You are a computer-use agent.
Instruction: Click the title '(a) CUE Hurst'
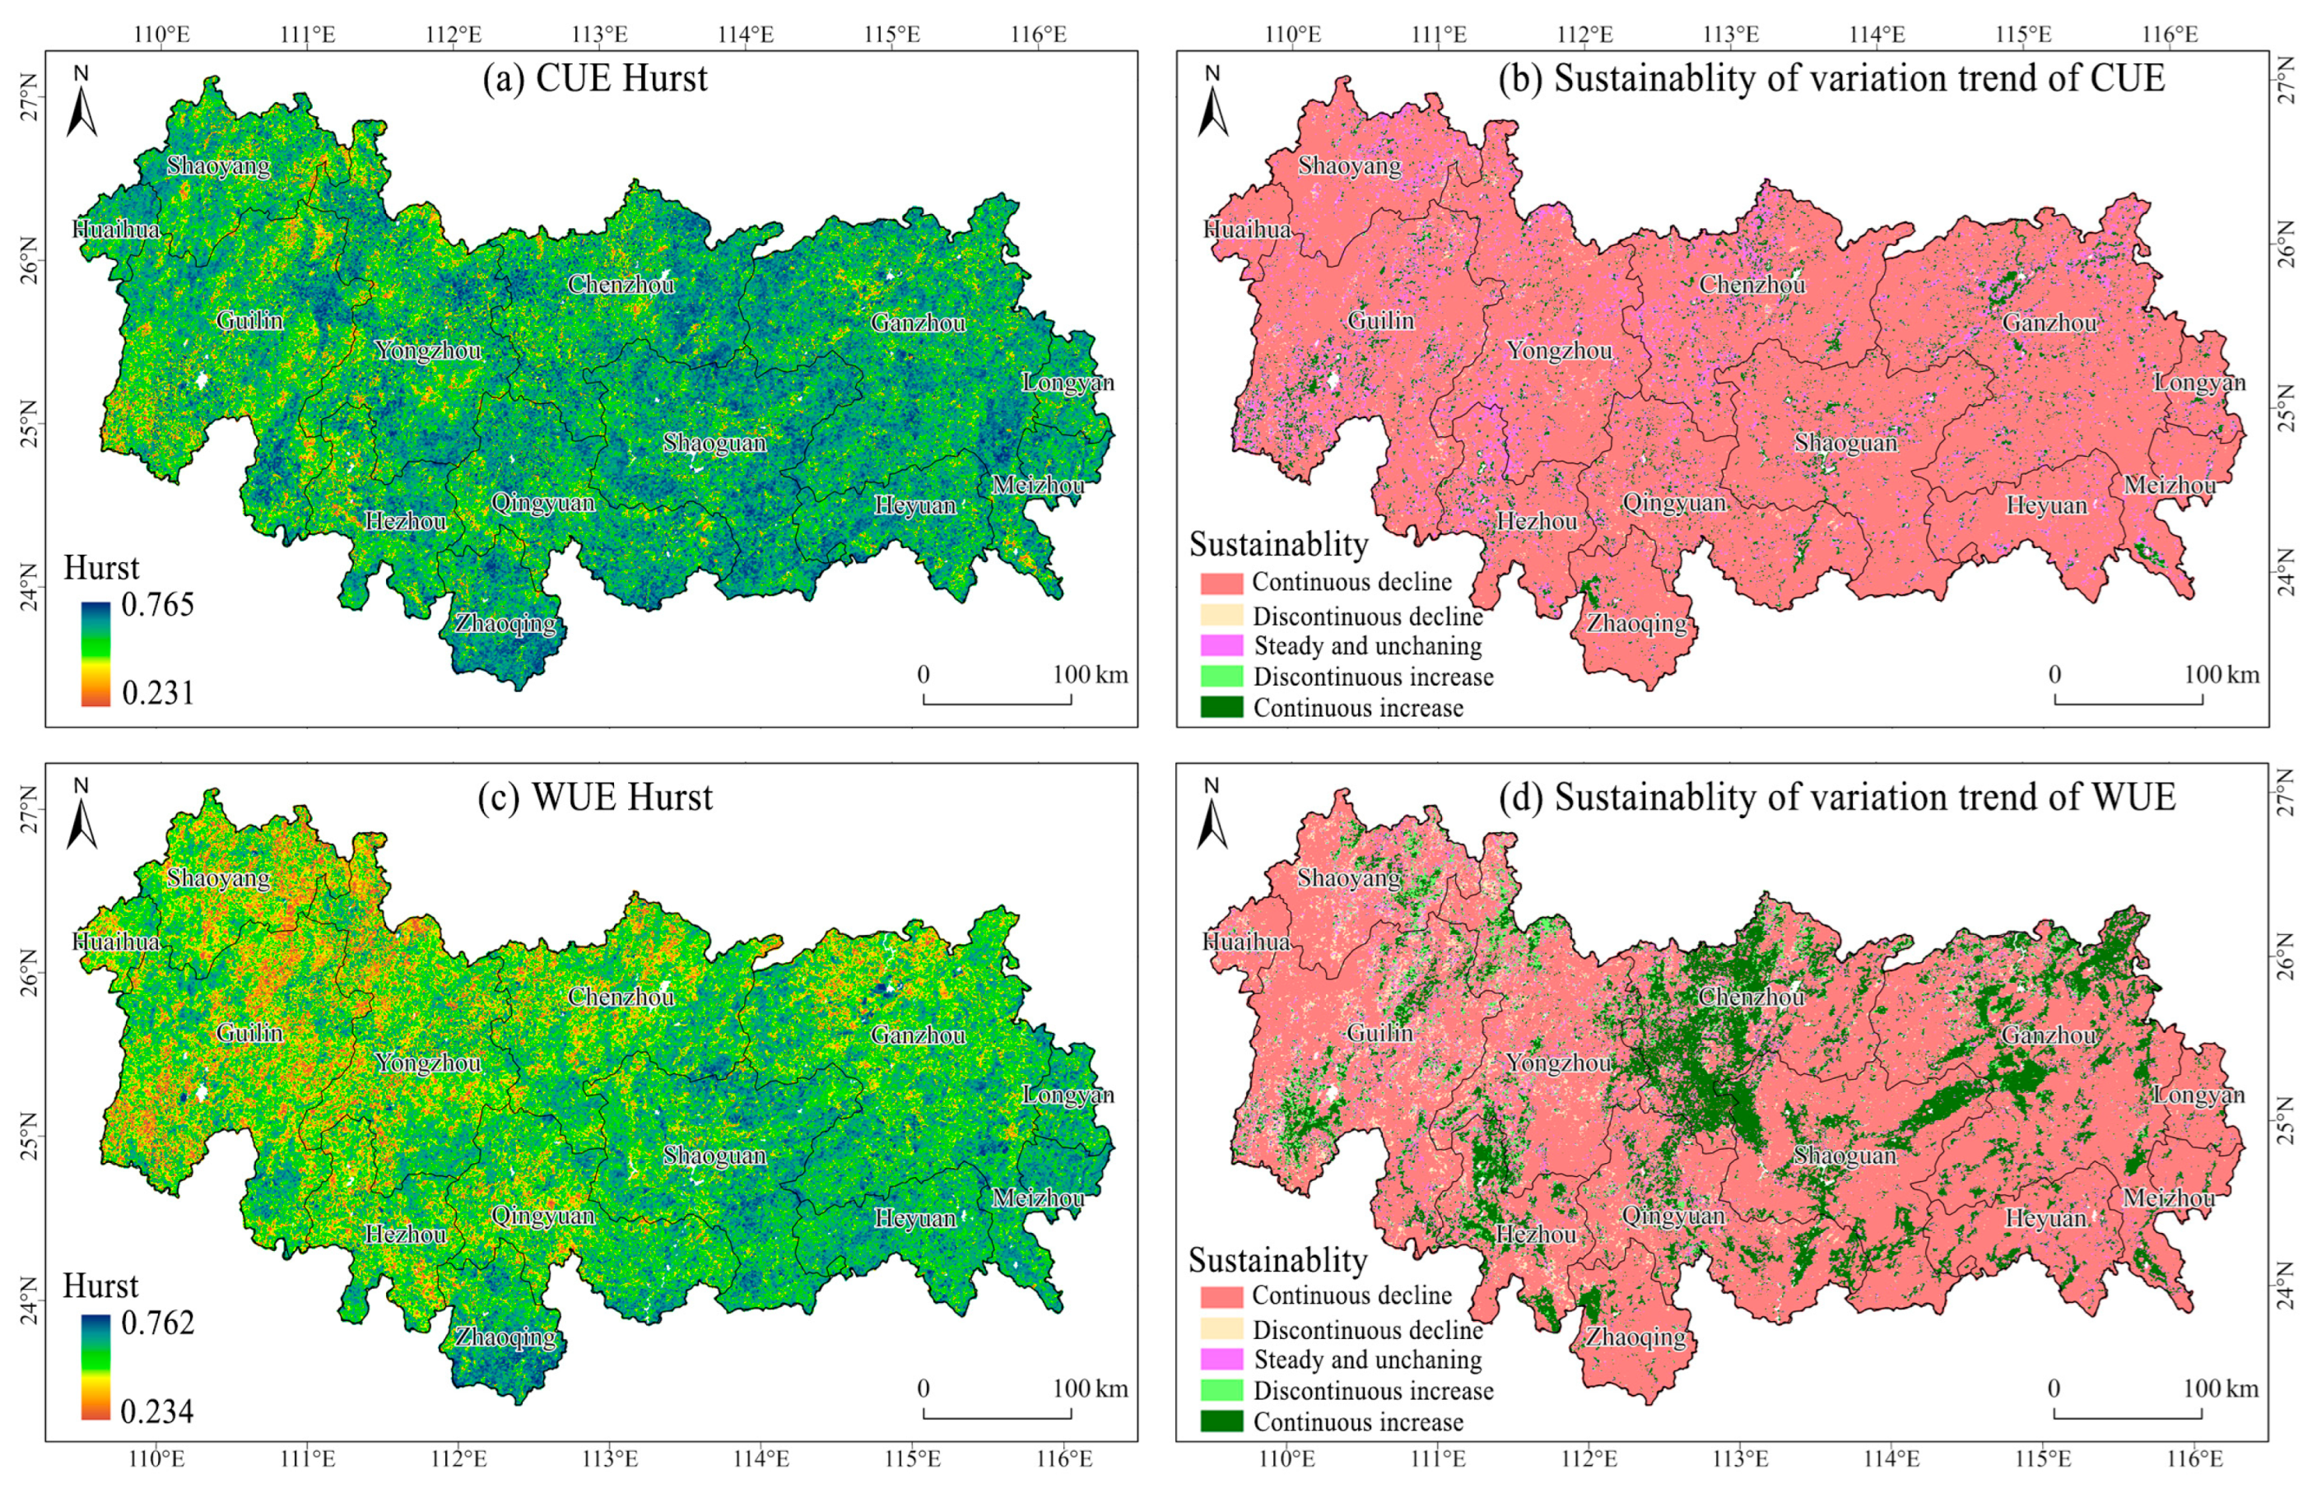595,78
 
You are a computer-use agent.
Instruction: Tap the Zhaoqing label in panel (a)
506,623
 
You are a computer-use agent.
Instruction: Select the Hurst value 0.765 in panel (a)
157,605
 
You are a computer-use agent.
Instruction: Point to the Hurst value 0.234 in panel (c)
157,1412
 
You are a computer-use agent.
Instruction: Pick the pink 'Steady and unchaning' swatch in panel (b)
1221,645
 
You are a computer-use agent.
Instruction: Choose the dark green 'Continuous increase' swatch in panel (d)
1221,1422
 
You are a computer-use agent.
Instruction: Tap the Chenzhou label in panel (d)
1751,997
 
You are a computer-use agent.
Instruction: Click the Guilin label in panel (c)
250,1032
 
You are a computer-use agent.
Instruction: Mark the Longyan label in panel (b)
2199,382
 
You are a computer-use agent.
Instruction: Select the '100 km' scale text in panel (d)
2221,1388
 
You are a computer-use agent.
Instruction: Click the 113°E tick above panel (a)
600,35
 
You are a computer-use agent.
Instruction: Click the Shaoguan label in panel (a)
714,443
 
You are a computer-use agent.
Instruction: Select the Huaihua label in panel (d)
1247,942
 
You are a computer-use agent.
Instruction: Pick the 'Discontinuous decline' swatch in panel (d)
1221,1329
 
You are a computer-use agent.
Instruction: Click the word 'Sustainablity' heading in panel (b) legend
1277,545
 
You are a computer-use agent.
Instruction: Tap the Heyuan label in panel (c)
915,1219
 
